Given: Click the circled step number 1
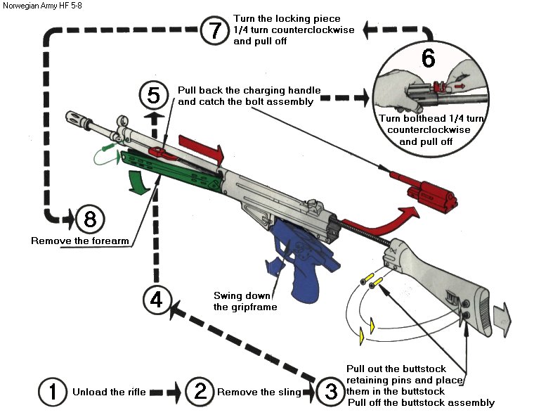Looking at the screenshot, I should tap(52, 392).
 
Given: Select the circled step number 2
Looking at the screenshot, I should tap(200, 392).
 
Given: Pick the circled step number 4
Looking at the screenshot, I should tap(156, 300).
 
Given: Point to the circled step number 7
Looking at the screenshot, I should tap(214, 32).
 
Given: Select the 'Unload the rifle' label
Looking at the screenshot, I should tap(110, 392).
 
